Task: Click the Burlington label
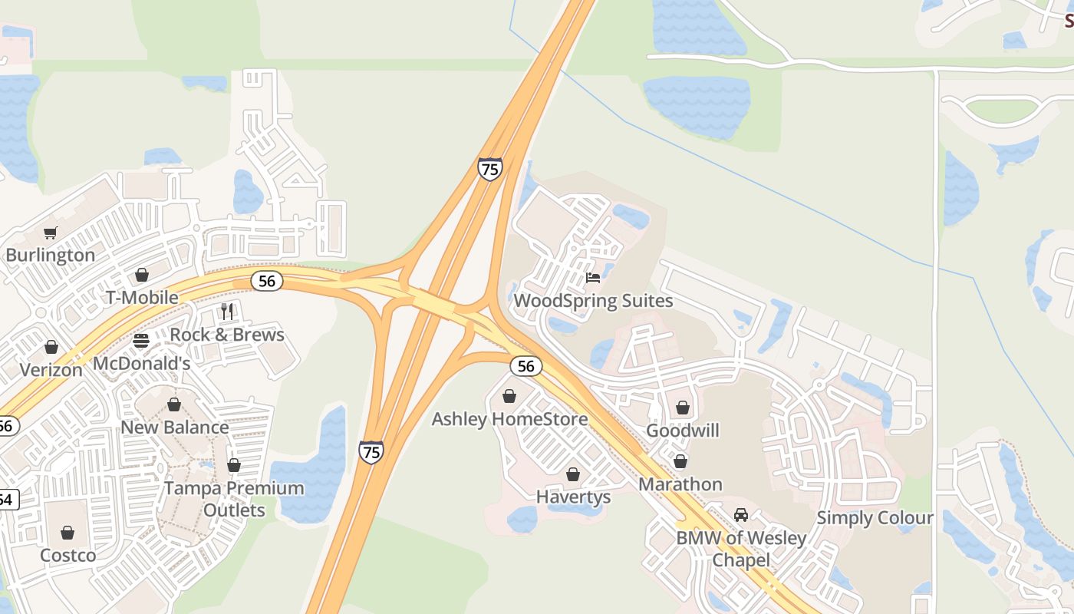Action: [51, 255]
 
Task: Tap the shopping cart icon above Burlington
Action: [51, 233]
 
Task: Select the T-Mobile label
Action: [142, 297]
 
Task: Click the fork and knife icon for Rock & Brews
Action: [226, 311]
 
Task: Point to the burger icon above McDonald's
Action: [141, 340]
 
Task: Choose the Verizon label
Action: [51, 369]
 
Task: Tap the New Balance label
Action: [175, 427]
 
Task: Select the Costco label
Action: [68, 555]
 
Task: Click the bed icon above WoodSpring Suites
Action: [592, 277]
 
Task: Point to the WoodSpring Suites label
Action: [593, 301]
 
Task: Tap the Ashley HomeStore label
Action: [509, 419]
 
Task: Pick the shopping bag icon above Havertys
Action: [573, 474]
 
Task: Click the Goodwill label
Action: [683, 431]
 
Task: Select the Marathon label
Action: [680, 484]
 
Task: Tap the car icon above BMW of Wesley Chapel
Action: [740, 515]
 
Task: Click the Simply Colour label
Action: [875, 518]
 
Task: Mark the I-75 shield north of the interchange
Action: [489, 169]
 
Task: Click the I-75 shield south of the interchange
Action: [371, 452]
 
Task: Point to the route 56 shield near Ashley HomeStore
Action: [525, 366]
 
